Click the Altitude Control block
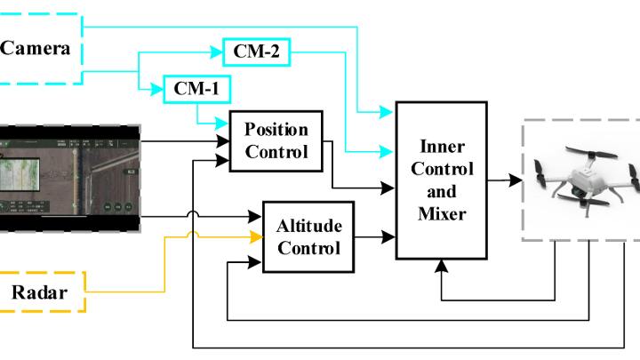coord(302,236)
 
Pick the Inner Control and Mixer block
coord(442,180)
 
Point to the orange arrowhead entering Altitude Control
coord(256,236)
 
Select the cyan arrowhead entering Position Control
coord(222,127)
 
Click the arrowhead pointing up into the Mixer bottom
coord(441,265)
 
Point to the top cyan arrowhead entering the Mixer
coord(388,113)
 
